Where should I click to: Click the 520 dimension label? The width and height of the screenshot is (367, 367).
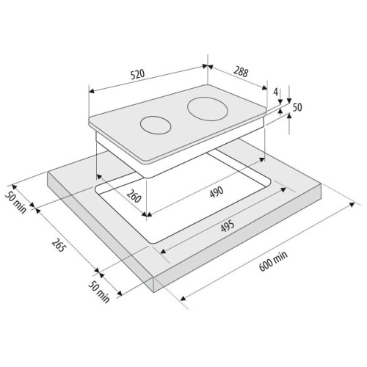[x=138, y=74]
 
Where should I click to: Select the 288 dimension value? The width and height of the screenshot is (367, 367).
[x=241, y=72]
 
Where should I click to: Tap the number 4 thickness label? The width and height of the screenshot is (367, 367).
[x=276, y=92]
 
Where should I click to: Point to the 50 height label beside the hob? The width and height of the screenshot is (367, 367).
[x=297, y=107]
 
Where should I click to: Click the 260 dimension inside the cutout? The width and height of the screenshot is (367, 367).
[x=134, y=196]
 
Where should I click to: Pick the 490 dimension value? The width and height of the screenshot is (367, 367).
[x=217, y=192]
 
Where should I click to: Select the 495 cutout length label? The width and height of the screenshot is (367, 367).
[x=228, y=226]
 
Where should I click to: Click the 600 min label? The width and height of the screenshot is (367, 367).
[x=273, y=261]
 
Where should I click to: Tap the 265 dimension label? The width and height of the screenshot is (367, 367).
[x=59, y=245]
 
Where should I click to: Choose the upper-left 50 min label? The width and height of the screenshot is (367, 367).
[x=16, y=203]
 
